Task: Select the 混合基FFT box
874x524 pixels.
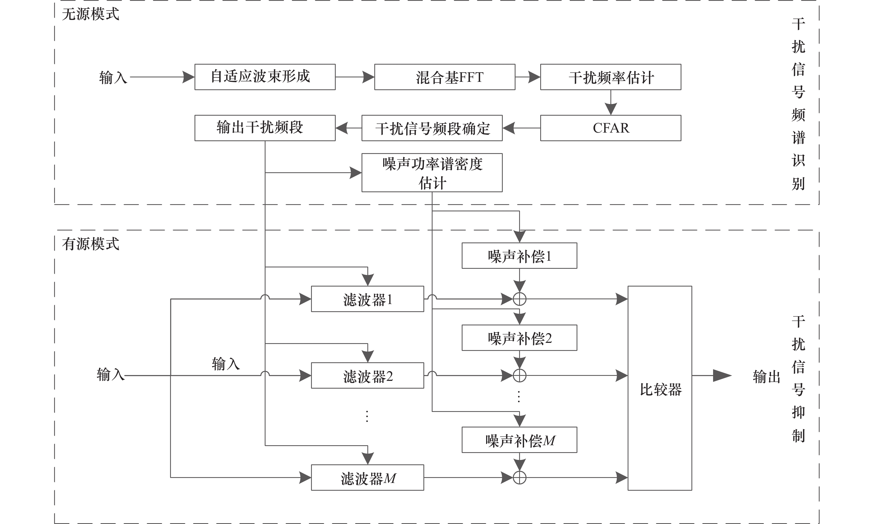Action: tap(444, 77)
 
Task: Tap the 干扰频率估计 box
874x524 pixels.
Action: tap(611, 77)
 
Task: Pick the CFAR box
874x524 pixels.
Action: tap(611, 128)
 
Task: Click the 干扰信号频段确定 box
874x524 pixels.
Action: tap(432, 128)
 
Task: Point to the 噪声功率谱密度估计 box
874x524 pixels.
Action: tap(432, 173)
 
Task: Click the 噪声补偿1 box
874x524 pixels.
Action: tap(519, 256)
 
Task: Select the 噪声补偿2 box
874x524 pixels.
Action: tap(519, 338)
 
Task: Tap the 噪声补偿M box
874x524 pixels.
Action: tap(519, 440)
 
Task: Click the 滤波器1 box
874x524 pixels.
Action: tap(367, 299)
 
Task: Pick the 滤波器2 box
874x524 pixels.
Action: tap(367, 376)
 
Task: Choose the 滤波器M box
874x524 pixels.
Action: tap(367, 478)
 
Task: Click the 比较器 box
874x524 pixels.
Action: tap(660, 388)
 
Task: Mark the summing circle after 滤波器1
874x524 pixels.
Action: tap(519, 299)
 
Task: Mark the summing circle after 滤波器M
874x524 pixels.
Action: tap(519, 478)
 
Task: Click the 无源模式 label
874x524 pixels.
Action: tap(91, 14)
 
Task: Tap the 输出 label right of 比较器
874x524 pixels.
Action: tap(766, 376)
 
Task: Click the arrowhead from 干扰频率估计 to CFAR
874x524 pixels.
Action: tap(611, 108)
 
